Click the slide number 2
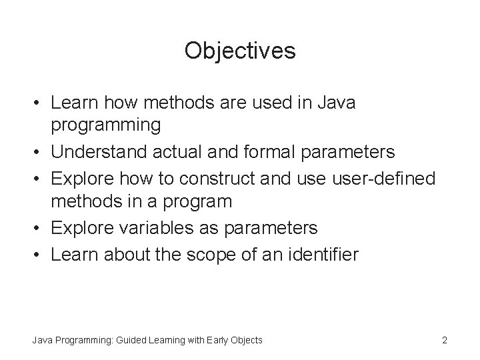pos(444,341)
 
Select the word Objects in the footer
pos(247,341)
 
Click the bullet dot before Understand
pos(39,153)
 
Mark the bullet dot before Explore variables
pos(39,229)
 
